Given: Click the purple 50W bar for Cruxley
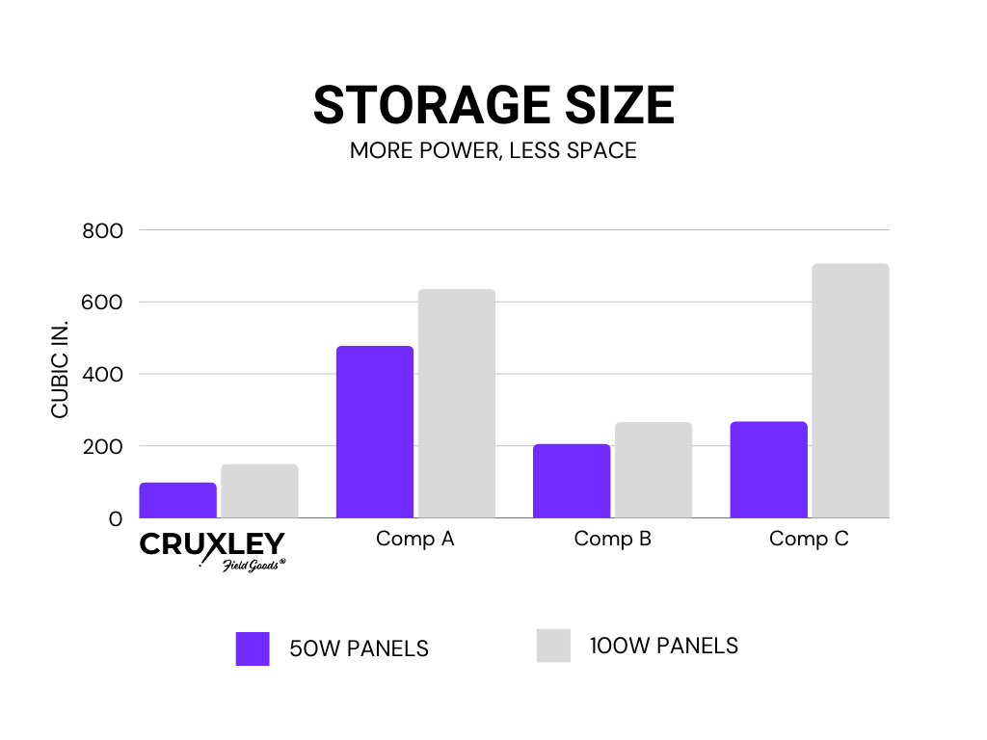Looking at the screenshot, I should pos(177,500).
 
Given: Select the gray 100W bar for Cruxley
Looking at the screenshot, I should pos(259,491).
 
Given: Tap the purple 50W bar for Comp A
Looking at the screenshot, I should pos(374,432).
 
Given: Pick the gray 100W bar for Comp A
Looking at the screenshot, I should pos(456,404).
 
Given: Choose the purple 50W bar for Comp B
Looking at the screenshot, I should pos(572,481).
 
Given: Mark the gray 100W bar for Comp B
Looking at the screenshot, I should pos(654,470).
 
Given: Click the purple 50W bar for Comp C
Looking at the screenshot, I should pos(768,469).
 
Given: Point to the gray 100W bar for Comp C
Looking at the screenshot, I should pos(850,390).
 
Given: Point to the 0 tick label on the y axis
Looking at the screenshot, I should pos(116,518).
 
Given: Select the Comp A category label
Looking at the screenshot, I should pos(415,539).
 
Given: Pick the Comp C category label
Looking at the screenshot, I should pos(809,539).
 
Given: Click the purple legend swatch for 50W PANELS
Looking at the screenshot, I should pos(253,648).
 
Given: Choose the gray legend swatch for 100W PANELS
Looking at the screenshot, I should pos(553,646).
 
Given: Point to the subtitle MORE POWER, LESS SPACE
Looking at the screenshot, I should pos(493,151).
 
